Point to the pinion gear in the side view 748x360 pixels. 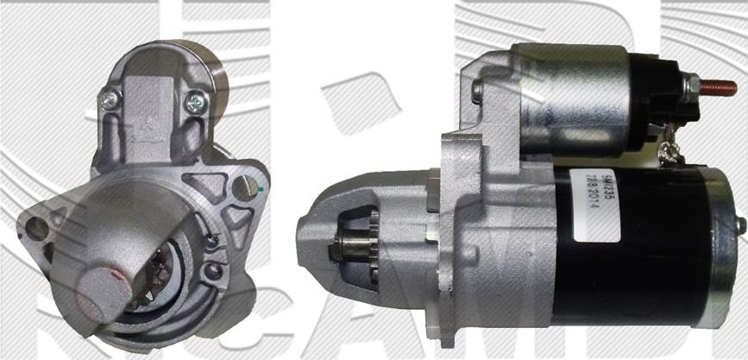click(x=361, y=249)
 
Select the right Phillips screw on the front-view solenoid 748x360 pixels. click(x=196, y=103)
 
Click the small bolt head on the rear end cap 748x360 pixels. click(x=739, y=224)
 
